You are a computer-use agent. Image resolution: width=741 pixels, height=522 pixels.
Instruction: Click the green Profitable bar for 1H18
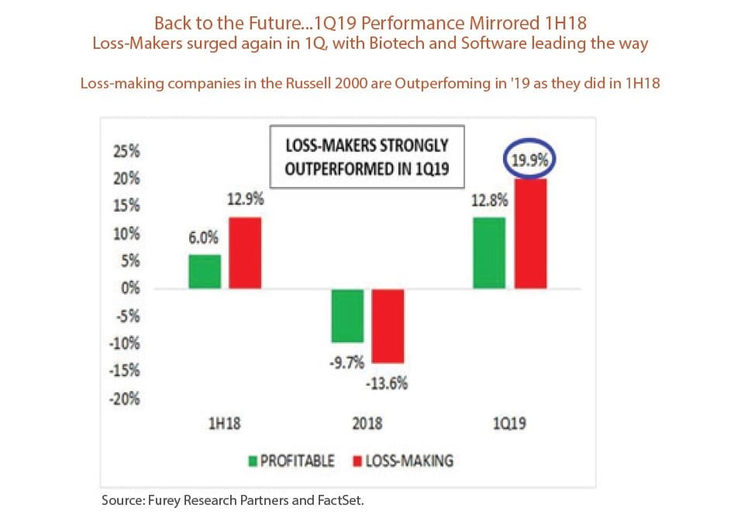205,271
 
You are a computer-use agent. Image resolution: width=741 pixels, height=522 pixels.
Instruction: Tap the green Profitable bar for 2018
348,316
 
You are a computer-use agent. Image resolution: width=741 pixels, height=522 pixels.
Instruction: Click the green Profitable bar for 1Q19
490,253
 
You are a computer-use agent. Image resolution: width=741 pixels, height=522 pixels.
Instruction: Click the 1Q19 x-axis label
508,426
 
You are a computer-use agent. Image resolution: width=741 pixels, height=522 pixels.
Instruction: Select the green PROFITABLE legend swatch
251,461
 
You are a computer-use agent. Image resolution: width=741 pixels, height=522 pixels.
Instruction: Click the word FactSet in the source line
338,500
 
